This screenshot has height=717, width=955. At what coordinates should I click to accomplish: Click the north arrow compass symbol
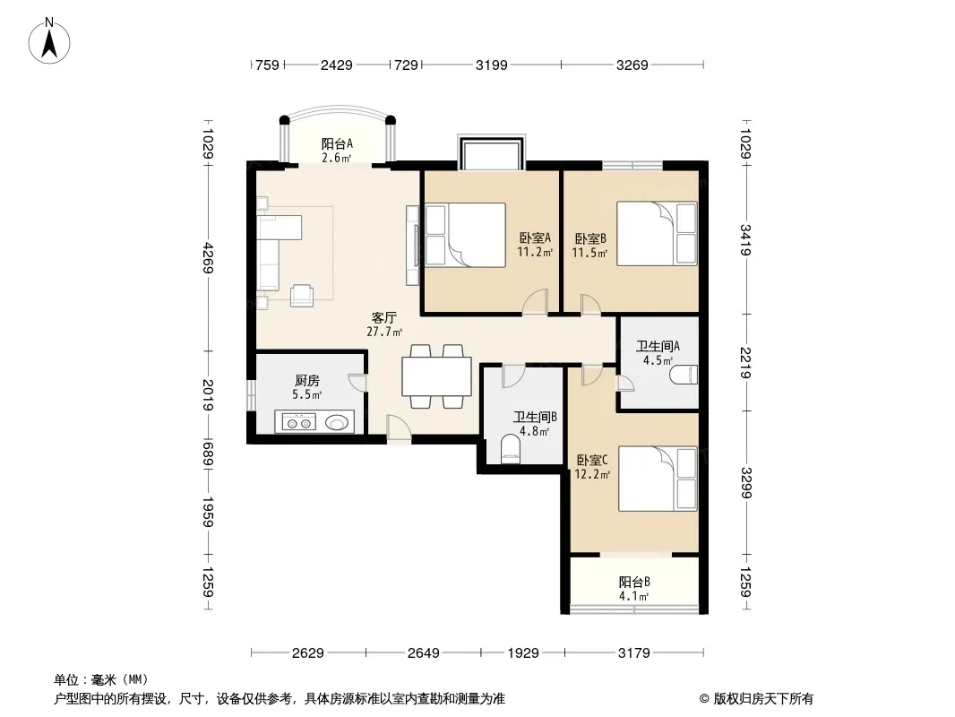pyautogui.click(x=49, y=41)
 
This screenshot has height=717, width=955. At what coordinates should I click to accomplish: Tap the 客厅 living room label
pyautogui.click(x=384, y=317)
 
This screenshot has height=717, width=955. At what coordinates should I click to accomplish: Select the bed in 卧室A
pyautogui.click(x=465, y=235)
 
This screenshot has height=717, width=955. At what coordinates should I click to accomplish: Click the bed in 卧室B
pyautogui.click(x=657, y=233)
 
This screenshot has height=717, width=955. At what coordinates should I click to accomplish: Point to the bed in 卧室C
pyautogui.click(x=658, y=479)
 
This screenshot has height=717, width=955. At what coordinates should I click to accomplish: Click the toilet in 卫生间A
pyautogui.click(x=684, y=375)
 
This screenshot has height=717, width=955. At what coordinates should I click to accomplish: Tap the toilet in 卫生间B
pyautogui.click(x=510, y=450)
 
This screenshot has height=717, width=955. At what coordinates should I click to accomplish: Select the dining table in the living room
pyautogui.click(x=436, y=376)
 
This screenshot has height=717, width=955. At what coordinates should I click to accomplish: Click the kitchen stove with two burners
pyautogui.click(x=298, y=422)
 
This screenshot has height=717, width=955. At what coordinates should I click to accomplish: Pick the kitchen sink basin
pyautogui.click(x=338, y=421)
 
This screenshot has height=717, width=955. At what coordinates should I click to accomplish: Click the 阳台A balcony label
pyautogui.click(x=337, y=143)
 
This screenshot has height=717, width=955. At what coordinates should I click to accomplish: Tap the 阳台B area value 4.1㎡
pyautogui.click(x=634, y=596)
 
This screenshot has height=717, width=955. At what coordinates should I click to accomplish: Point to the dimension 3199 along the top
pyautogui.click(x=492, y=65)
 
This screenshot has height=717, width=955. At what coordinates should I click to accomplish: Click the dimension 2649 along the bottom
pyautogui.click(x=423, y=653)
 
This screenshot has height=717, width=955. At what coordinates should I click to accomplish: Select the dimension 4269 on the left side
pyautogui.click(x=209, y=258)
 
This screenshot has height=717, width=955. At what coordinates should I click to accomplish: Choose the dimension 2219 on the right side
pyautogui.click(x=745, y=363)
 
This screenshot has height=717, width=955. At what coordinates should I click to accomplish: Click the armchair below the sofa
pyautogui.click(x=302, y=295)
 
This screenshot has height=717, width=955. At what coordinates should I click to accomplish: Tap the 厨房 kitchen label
pyautogui.click(x=307, y=381)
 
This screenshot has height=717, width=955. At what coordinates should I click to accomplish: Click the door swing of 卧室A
pyautogui.click(x=535, y=302)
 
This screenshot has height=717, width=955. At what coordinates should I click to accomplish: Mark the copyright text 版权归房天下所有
pyautogui.click(x=762, y=699)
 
